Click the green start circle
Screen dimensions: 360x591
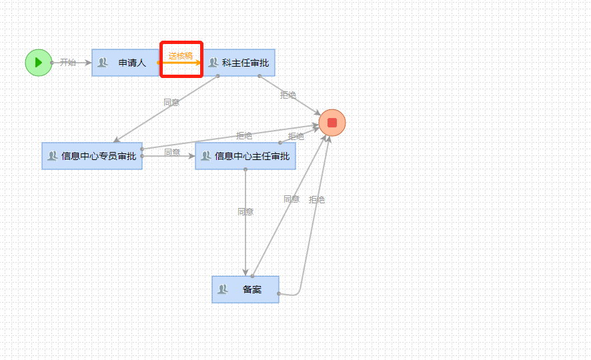38,63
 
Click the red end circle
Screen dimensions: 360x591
332,123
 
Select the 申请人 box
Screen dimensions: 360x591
125,63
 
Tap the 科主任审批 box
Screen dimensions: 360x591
238,63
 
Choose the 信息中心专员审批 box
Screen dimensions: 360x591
92,156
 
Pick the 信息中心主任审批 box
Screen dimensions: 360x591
245,156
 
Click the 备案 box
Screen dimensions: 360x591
245,289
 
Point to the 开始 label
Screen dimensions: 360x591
68,63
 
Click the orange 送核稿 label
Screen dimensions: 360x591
180,56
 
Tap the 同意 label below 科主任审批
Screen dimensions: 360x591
171,103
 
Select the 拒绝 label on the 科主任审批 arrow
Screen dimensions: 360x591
288,95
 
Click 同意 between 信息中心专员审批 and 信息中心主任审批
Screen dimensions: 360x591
172,153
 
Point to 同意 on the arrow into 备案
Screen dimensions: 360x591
245,212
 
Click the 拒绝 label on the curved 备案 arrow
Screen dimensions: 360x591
317,200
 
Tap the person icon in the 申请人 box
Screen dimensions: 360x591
103,63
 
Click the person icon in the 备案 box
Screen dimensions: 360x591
223,289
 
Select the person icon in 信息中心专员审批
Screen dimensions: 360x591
53,156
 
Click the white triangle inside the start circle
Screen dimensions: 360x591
39,63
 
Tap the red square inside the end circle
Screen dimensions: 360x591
332,123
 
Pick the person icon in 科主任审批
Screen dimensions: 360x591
213,63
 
